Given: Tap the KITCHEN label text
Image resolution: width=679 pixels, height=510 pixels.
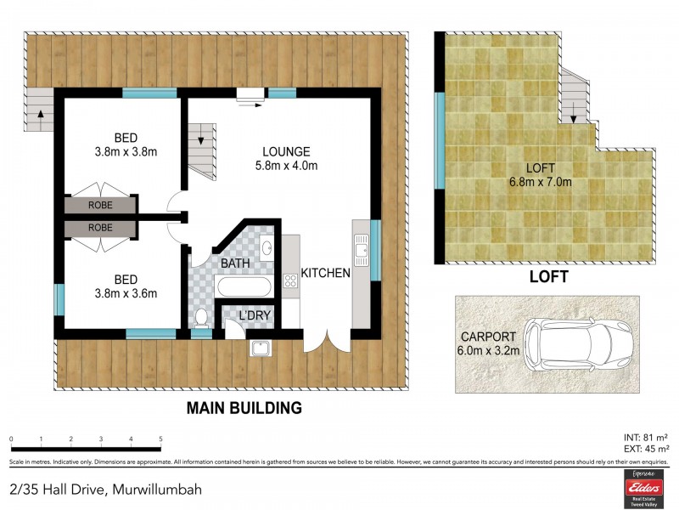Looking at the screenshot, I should (327, 274).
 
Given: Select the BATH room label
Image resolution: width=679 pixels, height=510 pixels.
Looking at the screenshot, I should (235, 263).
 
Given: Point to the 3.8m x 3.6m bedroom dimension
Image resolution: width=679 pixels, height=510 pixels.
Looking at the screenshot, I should (126, 294).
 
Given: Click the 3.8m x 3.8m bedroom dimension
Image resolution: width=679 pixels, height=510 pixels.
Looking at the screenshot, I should (126, 152).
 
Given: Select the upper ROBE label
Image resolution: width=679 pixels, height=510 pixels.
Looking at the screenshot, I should (100, 205).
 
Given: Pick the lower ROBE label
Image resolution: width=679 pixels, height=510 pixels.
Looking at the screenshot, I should (100, 228).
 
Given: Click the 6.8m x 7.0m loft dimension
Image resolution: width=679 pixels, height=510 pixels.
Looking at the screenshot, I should (540, 181).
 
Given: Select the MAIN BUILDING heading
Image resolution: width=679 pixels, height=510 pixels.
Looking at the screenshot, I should (244, 407).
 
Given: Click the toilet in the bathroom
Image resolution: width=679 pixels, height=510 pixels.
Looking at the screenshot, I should (201, 319).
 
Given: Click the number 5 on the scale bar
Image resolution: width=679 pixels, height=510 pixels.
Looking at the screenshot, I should (160, 439).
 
